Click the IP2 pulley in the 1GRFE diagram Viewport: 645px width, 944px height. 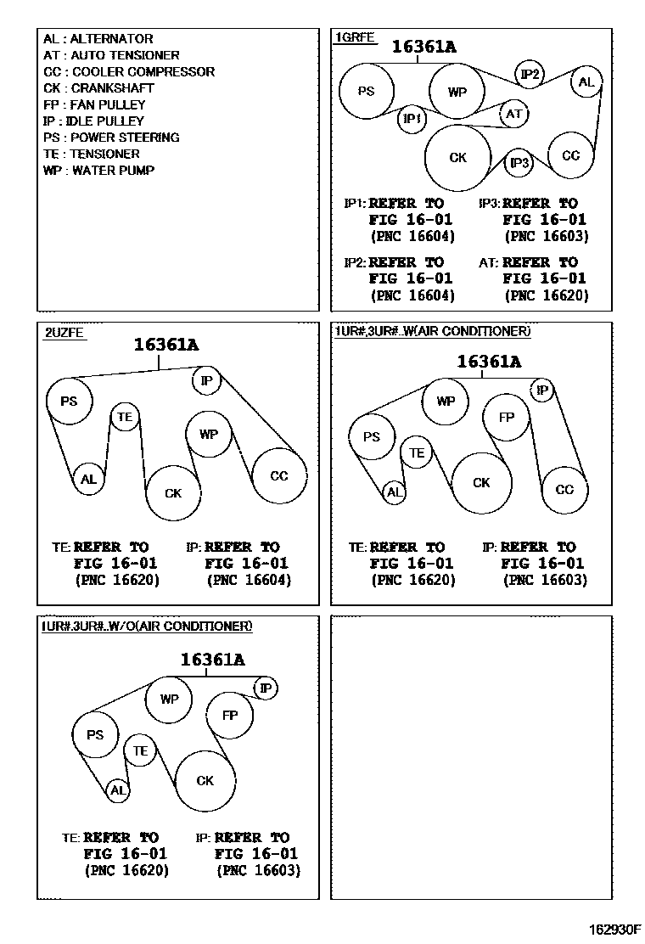530,75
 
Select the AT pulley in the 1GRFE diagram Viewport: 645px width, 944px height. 513,114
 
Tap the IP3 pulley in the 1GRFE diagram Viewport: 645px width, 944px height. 519,163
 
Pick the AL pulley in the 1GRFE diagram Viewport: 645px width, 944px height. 586,82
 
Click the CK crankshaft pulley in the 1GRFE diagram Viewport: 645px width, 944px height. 457,158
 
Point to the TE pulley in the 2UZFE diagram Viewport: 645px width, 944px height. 125,417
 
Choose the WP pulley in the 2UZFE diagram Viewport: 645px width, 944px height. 209,434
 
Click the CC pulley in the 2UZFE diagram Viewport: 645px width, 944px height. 279,476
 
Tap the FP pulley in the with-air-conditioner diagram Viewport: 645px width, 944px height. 507,417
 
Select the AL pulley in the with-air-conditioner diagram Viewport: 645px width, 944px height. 395,492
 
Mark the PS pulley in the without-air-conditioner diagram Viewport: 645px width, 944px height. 95,734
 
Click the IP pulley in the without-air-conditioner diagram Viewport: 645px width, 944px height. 266,688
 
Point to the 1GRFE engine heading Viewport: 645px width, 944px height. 354,37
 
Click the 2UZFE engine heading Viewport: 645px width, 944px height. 64,332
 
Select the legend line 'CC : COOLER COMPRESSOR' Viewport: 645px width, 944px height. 129,72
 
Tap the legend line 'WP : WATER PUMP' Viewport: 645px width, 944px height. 99,170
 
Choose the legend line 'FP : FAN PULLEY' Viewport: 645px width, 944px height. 94,104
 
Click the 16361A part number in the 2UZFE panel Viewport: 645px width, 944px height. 165,345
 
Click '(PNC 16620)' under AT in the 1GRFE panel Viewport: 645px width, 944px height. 546,295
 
